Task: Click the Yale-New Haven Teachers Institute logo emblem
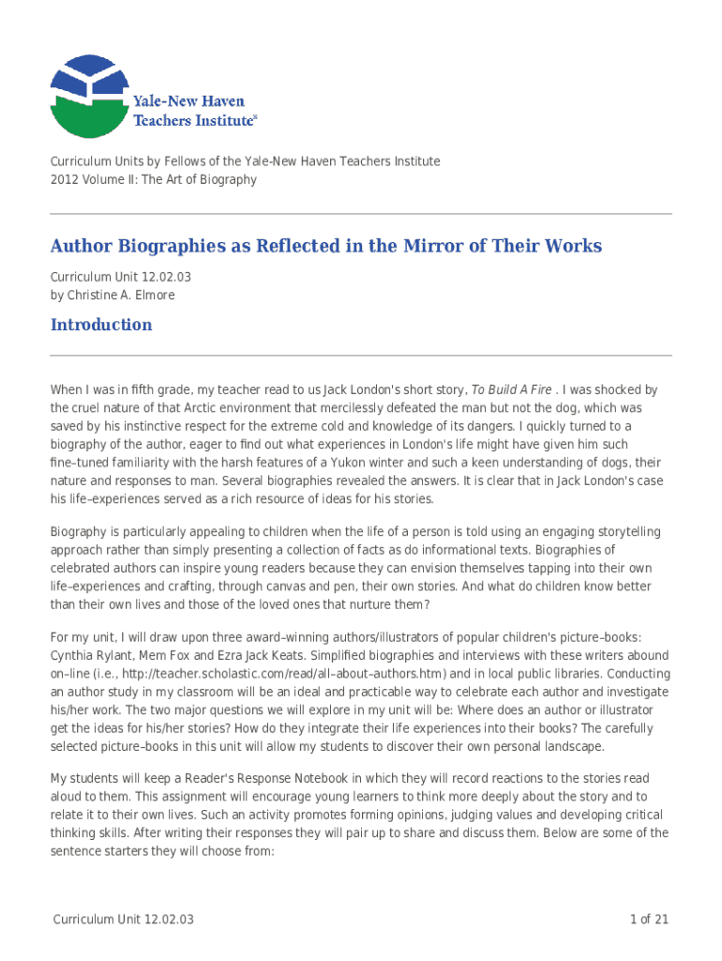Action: pos(89,96)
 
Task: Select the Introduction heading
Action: pos(100,325)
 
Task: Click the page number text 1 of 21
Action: pos(648,919)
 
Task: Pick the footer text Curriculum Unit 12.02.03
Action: pos(123,919)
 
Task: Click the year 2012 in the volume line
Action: pos(65,179)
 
